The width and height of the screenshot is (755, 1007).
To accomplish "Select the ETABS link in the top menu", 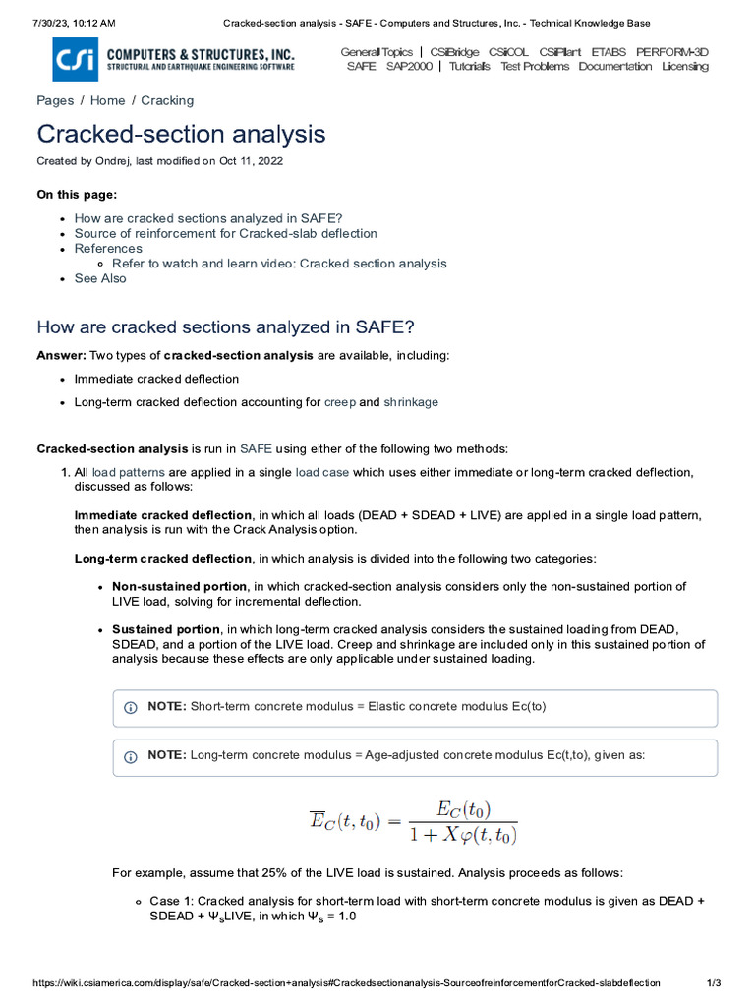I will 609,52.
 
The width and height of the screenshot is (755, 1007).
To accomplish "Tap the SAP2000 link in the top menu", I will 409,67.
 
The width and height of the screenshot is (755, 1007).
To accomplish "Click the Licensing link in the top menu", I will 684,67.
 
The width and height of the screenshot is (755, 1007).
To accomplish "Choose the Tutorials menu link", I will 470,67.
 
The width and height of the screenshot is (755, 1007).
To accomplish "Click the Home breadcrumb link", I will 107,100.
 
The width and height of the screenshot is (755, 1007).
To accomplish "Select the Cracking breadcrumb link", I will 167,100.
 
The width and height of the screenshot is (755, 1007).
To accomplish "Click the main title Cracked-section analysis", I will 181,134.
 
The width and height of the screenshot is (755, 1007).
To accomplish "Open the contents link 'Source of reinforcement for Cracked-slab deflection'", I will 225,234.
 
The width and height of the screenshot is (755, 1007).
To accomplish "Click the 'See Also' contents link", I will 100,278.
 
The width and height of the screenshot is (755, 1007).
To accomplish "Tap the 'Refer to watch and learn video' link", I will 279,264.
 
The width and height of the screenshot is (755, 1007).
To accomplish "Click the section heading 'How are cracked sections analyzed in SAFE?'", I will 225,326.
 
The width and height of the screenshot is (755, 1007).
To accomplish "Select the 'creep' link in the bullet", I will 339,402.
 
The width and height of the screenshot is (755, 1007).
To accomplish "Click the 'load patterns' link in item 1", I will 128,472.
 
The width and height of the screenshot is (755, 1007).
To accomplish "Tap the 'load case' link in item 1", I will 321,472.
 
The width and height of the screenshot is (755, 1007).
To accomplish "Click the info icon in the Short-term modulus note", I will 130,708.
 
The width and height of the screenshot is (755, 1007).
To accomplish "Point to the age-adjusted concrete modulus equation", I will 413,823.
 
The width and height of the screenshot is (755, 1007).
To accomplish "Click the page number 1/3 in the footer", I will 715,983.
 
